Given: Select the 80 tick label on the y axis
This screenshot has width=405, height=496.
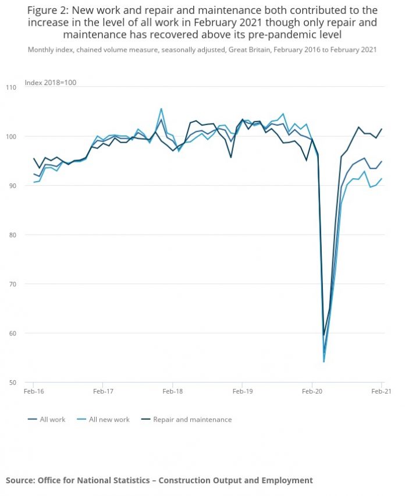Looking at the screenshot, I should coord(11,235).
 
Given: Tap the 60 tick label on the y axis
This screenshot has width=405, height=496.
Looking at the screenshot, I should coord(11,333).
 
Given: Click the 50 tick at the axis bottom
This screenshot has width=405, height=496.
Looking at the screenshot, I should coord(11,382).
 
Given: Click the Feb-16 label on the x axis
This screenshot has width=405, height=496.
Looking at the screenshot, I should coord(33,392).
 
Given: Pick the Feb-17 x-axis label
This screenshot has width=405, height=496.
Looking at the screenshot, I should coord(102,392).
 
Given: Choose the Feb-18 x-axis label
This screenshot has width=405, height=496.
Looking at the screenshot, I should coord(172,392).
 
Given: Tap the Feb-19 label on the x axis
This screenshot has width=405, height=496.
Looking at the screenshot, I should coord(242,392).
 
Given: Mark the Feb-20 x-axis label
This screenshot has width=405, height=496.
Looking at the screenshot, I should coord(312,392).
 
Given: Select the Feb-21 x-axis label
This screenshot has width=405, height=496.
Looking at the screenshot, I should coord(381,392).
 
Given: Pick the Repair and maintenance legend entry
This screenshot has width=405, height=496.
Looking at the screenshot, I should coord(192,419).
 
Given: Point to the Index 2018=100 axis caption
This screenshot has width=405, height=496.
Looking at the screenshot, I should coord(51,83).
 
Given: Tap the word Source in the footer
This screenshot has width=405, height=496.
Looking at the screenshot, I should coord(19,480).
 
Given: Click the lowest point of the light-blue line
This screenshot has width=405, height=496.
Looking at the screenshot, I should coord(324,362).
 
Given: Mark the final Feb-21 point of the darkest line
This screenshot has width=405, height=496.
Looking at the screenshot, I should coord(381,129).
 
